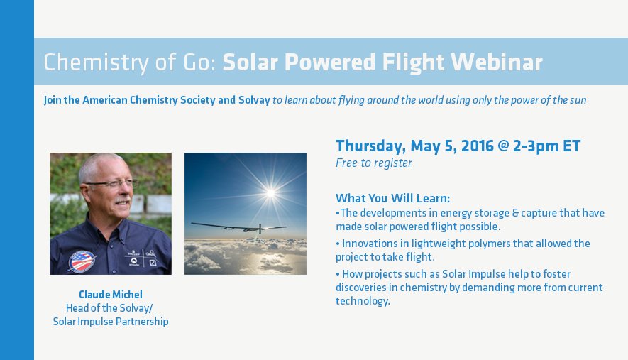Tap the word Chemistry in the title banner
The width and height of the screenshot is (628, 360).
[96, 63]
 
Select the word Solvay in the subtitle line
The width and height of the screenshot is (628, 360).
[254, 100]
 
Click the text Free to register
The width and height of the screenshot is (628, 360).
[374, 163]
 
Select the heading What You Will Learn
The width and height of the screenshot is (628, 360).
[393, 198]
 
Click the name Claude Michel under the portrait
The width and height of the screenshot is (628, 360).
[111, 295]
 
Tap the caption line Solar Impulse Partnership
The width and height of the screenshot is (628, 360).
[111, 322]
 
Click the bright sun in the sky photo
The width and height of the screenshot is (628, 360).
[271, 193]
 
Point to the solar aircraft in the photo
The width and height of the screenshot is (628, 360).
[239, 228]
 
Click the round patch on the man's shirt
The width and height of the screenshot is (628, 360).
[82, 261]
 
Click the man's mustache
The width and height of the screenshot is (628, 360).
[123, 200]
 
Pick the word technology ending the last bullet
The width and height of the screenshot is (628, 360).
[363, 301]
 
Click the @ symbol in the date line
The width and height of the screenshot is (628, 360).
[503, 146]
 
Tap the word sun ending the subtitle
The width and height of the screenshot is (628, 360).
[578, 101]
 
